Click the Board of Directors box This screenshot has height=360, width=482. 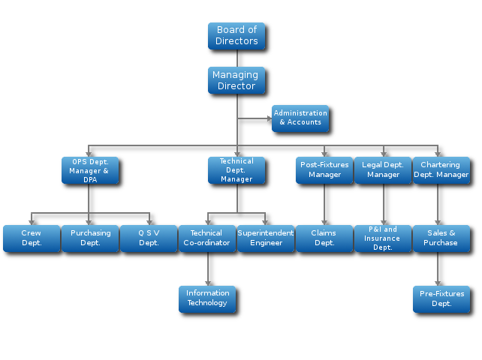236,36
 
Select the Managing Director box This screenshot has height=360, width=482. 236,80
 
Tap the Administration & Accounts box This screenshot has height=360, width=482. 300,118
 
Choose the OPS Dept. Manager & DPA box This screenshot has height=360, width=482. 90,170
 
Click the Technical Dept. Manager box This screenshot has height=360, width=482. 236,170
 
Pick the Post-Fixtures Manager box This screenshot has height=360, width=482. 324,170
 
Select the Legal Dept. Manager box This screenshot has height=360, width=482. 383,170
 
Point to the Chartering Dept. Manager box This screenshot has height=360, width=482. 441,170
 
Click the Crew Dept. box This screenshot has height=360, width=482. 32,238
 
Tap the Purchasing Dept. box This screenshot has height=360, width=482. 90,238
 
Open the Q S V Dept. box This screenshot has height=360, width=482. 149,238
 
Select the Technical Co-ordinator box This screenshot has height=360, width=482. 207,238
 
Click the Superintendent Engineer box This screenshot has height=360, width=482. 266,238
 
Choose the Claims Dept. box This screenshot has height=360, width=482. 324,238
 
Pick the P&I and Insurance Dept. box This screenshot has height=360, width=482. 383,238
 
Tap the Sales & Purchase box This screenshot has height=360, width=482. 441,238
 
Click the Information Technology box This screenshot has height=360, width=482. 207,298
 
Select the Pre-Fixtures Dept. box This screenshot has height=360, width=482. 441,298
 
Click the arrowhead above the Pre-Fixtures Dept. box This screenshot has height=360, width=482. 438,283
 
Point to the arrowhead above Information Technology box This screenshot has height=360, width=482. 208,283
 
